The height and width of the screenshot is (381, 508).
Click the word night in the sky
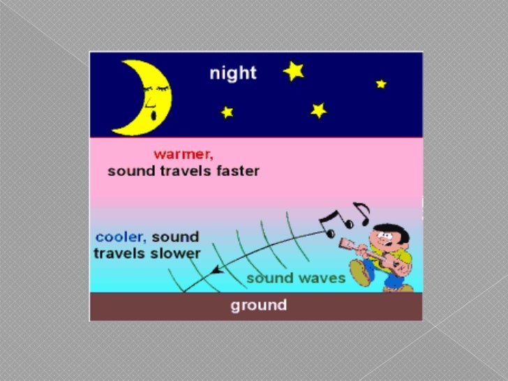point(234,72)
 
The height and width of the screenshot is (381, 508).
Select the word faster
point(235,171)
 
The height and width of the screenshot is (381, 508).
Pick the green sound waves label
point(295,278)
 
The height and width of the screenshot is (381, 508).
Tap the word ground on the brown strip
point(258,305)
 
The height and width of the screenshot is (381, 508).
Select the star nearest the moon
point(226,112)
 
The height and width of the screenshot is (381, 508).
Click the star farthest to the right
point(380,84)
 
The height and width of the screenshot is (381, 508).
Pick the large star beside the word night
point(293,70)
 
